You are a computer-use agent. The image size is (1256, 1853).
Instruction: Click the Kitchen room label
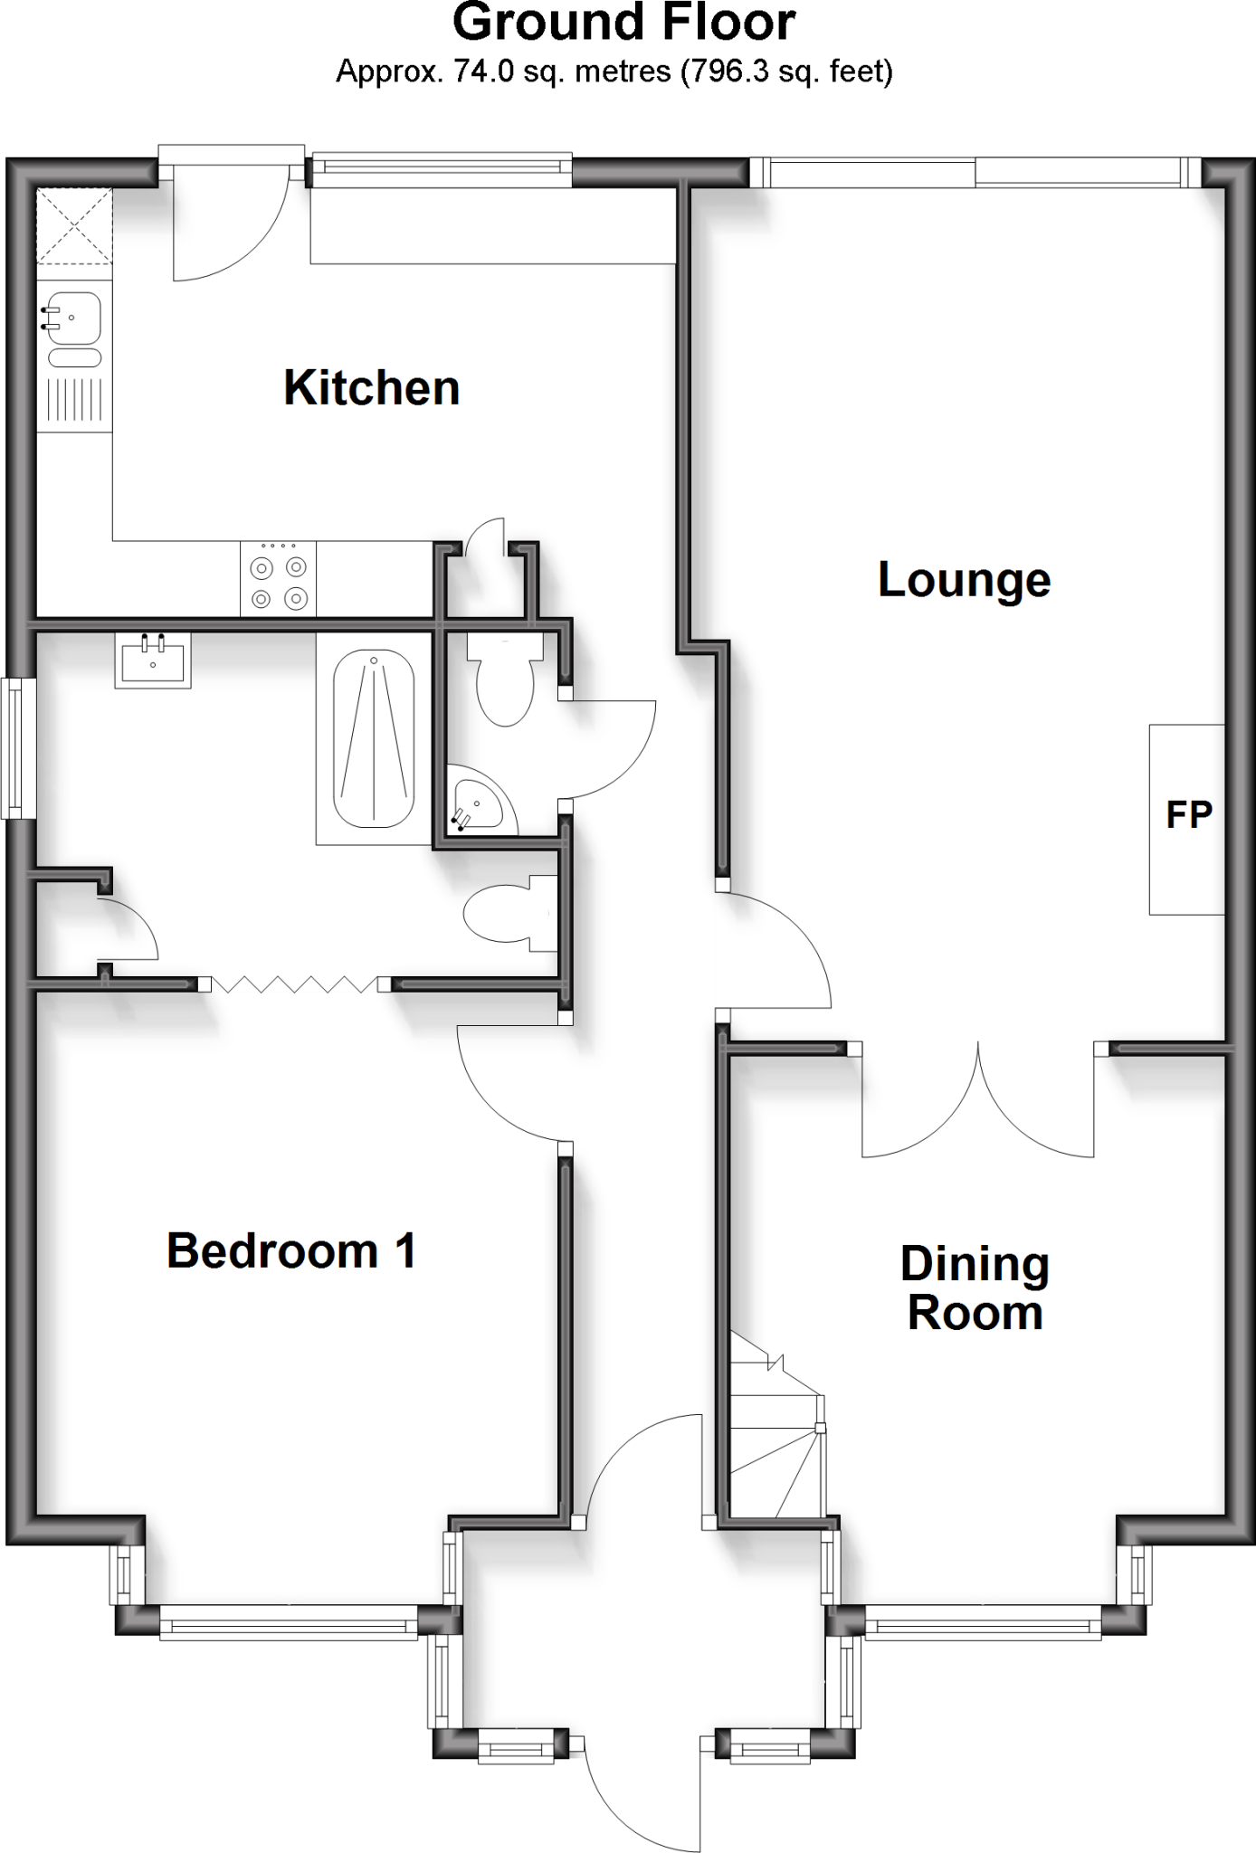[371, 388]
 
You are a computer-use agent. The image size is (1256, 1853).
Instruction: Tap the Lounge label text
[964, 579]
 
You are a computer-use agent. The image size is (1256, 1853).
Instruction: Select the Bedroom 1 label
[290, 1250]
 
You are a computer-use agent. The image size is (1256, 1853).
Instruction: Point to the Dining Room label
[975, 1288]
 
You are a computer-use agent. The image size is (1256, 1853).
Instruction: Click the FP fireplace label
[1188, 815]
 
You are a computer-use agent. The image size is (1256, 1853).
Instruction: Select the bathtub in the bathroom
[374, 738]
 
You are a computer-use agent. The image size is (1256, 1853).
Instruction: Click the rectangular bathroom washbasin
[152, 660]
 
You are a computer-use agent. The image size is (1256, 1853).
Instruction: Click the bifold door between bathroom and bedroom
[294, 984]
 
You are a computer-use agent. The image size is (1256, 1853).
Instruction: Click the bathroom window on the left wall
[15, 748]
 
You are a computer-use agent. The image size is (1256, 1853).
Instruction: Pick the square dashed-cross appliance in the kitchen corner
[74, 226]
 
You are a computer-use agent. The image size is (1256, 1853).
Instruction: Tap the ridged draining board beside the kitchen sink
[74, 399]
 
